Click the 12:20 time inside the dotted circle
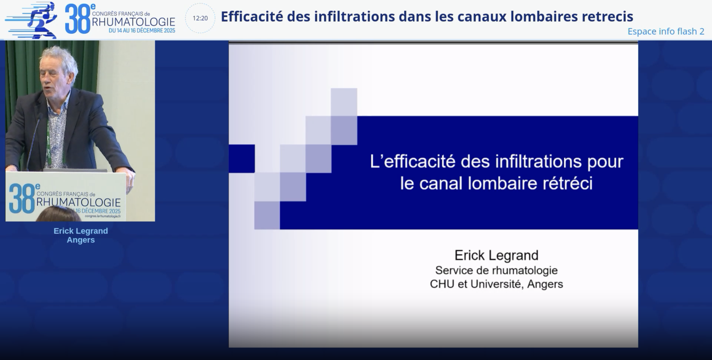point(200,18)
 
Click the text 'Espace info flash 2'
point(666,31)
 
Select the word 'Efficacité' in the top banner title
point(252,16)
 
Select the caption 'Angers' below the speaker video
point(81,240)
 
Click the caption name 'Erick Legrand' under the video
point(81,231)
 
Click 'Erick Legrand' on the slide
point(496,255)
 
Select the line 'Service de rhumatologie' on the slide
point(496,270)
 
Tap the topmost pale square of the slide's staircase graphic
point(344,102)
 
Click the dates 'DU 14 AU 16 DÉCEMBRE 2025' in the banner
point(142,31)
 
